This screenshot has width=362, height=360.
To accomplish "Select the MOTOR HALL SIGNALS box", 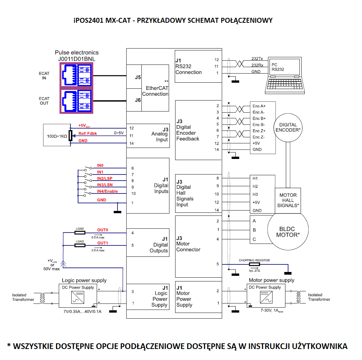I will pos(288,200).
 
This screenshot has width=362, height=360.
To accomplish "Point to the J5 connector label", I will pos(138,77).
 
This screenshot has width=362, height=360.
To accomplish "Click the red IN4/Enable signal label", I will pos(107,191).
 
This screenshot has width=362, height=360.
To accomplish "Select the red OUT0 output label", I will pos(103,230).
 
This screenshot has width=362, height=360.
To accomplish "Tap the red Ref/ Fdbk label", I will pos(88,133).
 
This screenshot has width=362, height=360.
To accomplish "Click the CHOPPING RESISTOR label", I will pos(254,260).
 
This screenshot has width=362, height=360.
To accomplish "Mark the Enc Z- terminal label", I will pos(259,137).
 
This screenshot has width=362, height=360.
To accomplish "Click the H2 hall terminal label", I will pos(255,186).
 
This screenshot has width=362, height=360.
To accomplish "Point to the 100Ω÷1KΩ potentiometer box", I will pos(57,135).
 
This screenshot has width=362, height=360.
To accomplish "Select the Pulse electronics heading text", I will pos(77,52).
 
